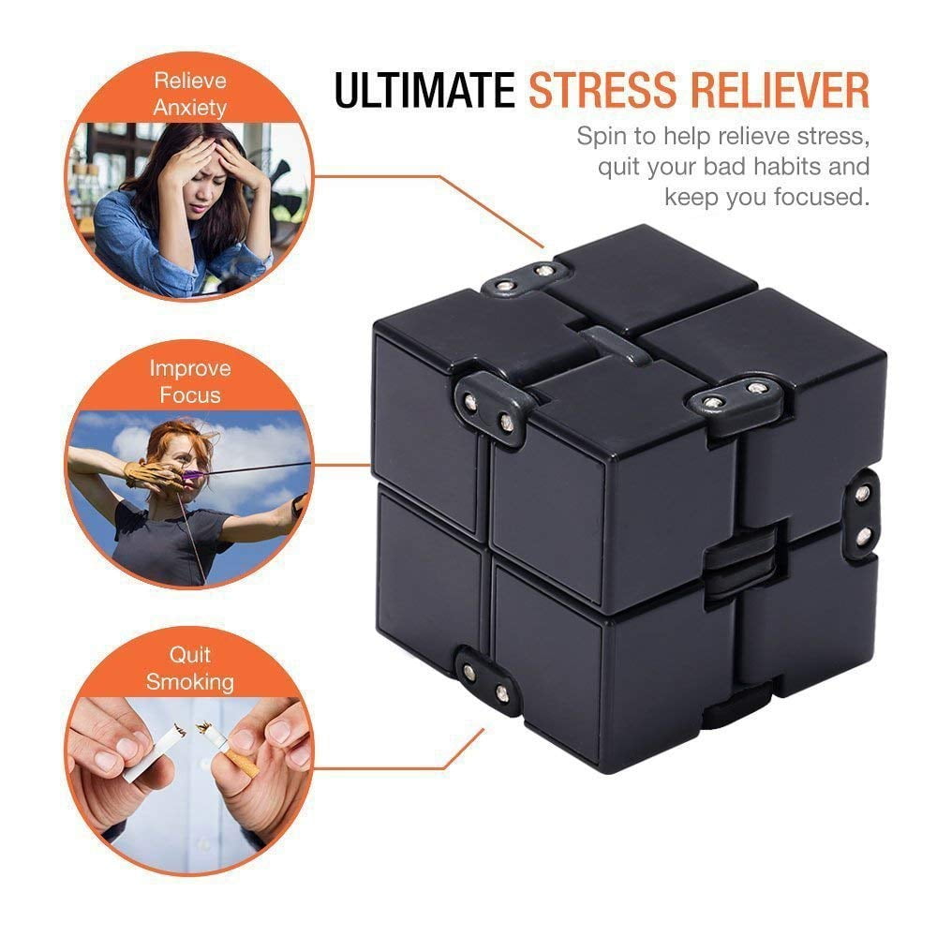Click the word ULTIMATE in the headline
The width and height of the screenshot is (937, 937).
tap(424, 91)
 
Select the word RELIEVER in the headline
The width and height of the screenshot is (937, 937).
tap(796, 91)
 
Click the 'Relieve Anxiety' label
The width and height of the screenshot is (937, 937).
tap(190, 94)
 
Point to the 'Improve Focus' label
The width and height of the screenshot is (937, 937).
tap(190, 380)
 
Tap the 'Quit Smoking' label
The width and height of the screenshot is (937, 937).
tap(190, 667)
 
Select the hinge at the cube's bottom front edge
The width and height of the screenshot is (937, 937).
tap(487, 682)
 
